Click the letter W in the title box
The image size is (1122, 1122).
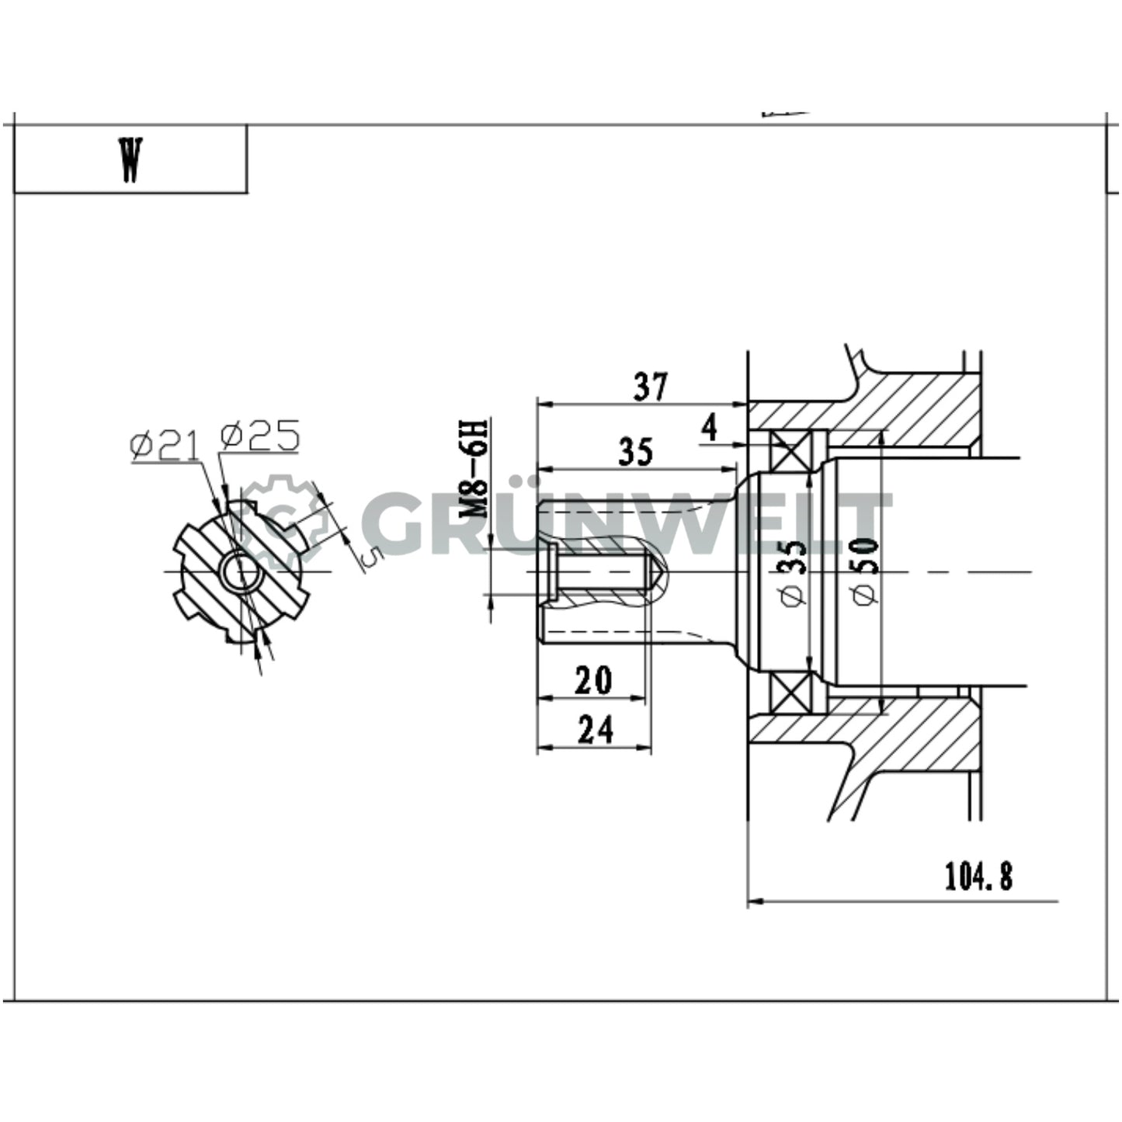130,160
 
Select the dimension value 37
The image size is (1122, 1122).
650,387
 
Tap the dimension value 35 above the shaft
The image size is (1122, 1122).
635,452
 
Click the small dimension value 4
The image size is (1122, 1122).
708,427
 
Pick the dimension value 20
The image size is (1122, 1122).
593,680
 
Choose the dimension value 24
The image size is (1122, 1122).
595,730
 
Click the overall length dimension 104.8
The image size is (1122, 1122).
978,877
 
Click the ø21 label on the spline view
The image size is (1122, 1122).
165,446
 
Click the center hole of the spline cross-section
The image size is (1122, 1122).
238,572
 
